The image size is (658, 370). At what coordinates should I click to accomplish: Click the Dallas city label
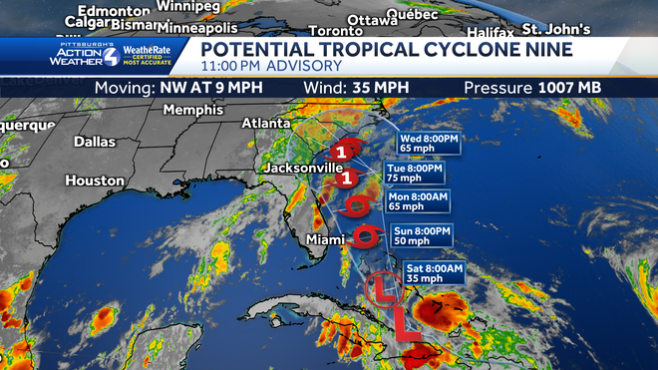tap(95, 142)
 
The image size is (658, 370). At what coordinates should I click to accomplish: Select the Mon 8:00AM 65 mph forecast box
tap(419, 202)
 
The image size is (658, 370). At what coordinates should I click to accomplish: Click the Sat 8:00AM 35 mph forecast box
tap(433, 274)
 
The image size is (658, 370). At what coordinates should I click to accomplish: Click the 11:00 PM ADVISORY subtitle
tap(271, 66)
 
